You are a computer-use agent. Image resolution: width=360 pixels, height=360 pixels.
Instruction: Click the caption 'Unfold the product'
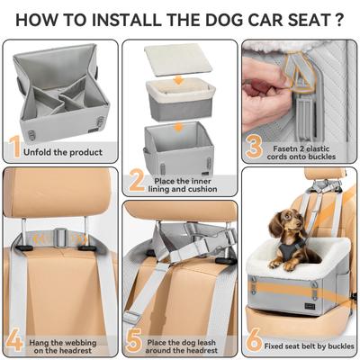[67, 151]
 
